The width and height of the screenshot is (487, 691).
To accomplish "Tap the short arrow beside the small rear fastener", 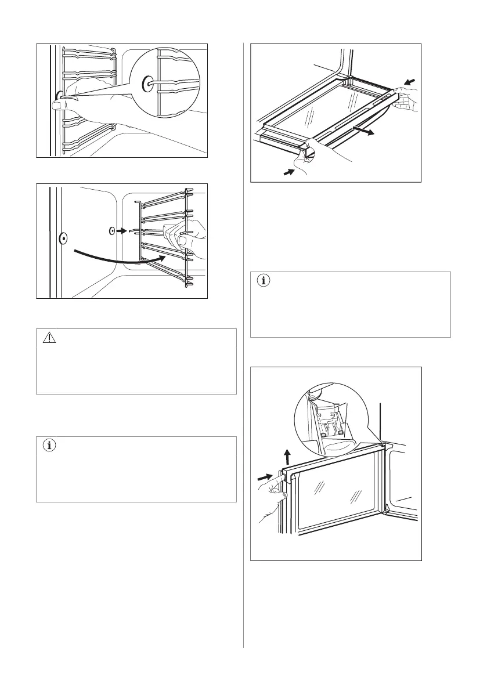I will pos(120,230).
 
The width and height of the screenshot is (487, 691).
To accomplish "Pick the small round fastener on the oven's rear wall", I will pos(111,230).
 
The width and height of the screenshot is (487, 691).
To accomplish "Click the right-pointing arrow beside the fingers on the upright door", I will pos(265,477).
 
